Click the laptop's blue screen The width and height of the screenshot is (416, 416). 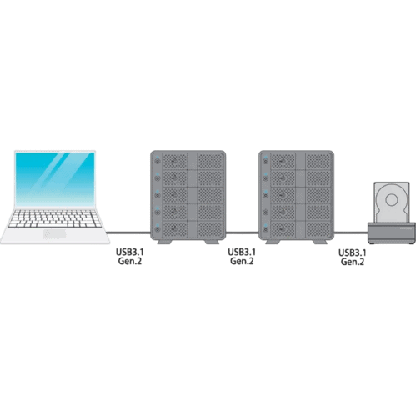pyautogui.click(x=55, y=178)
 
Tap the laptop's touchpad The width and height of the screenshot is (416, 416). pyautogui.click(x=55, y=234)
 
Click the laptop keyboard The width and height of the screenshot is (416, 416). pyautogui.click(x=54, y=218)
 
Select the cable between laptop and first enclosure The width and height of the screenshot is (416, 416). pyautogui.click(x=128, y=233)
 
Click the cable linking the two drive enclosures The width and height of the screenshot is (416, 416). pyautogui.click(x=242, y=233)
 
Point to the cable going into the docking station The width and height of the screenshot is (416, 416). pyautogui.click(x=351, y=233)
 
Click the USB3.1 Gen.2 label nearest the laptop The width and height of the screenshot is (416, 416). pyautogui.click(x=129, y=257)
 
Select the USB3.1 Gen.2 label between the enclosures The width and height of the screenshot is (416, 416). pyautogui.click(x=242, y=257)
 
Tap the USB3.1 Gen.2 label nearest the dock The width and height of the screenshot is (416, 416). pyautogui.click(x=352, y=257)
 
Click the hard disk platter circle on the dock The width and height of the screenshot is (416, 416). pyautogui.click(x=391, y=199)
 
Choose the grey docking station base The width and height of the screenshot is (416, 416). pyautogui.click(x=392, y=233)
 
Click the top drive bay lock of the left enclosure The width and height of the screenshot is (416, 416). pyautogui.click(x=158, y=161)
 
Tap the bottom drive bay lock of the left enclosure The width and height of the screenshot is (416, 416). pyautogui.click(x=158, y=229)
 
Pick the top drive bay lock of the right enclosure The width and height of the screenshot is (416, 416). pyautogui.click(x=266, y=161)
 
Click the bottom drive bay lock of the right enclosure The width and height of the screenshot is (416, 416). pyautogui.click(x=266, y=229)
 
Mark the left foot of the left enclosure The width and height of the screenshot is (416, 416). pyautogui.click(x=165, y=242)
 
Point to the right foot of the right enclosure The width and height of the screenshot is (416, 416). pyautogui.click(x=320, y=242)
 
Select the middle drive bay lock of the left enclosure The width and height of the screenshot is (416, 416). pyautogui.click(x=158, y=195)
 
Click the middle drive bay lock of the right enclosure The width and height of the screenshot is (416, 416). pyautogui.click(x=266, y=195)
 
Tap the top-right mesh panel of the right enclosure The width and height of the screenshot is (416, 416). pyautogui.click(x=318, y=161)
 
